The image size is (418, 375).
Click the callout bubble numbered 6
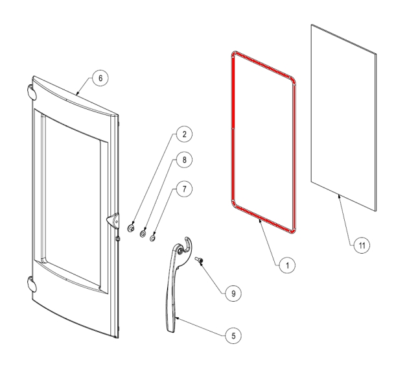100,79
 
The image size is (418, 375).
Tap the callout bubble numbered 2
184,134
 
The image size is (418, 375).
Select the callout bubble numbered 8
184,160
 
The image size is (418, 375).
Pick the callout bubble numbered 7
184,189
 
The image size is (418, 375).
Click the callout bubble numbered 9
233,294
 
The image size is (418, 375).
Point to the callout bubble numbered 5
233,336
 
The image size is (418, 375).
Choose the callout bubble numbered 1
287,265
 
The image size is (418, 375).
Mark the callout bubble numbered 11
362,245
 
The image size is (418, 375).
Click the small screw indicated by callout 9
199,260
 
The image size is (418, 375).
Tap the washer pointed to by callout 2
131,228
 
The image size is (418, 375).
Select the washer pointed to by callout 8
143,234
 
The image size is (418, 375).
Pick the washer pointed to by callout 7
153,238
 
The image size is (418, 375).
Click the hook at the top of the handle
188,243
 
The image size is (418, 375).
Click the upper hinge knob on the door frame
32,92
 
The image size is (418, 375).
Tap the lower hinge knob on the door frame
32,284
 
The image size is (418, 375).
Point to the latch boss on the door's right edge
113,221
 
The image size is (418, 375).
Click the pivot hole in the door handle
180,250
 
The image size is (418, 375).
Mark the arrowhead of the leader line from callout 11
339,197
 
